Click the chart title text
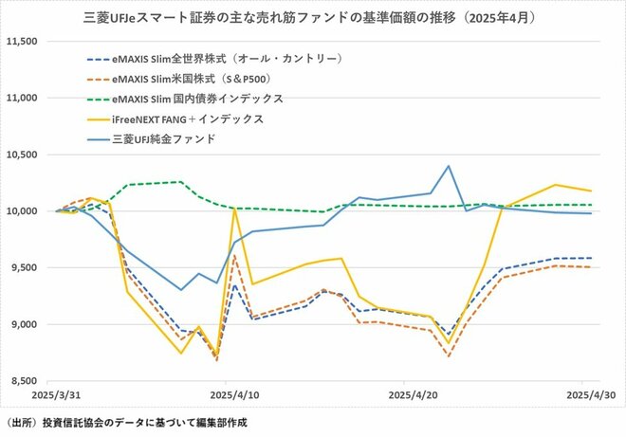pyautogui.click(x=313, y=16)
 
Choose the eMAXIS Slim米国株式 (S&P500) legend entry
pyautogui.click(x=209, y=79)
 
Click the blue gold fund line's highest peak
pyautogui.click(x=448, y=166)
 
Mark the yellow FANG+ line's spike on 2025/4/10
pyautogui.click(x=233, y=209)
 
